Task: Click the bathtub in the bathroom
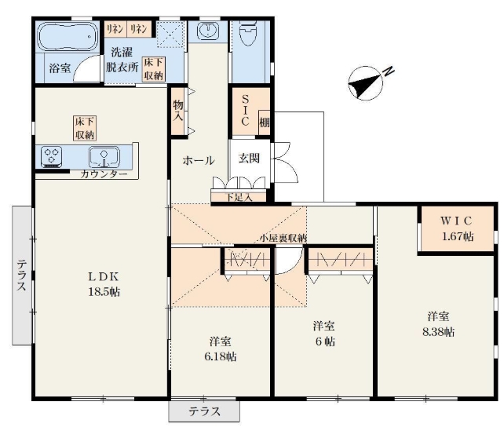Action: pos(68,36)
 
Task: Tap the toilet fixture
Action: pos(248,32)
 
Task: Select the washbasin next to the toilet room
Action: pos(208,31)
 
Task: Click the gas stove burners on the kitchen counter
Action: pos(52,157)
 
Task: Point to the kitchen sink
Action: pos(104,157)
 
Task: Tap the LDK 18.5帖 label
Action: pos(104,284)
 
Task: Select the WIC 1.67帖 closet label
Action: pos(457,228)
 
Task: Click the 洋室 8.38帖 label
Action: pos(438,324)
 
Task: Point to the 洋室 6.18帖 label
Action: pos(221,349)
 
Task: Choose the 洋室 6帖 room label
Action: pos(324,334)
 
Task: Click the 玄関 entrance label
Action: pos(249,158)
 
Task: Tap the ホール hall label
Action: pos(199,160)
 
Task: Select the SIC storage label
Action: pos(245,110)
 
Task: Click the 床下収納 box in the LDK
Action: pos(85,128)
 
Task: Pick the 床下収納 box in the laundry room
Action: pos(154,69)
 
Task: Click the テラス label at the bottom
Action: pos(204,411)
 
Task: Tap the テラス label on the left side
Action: pos(21,276)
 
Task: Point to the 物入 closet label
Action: pos(177,111)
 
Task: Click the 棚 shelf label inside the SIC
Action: pos(265,122)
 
